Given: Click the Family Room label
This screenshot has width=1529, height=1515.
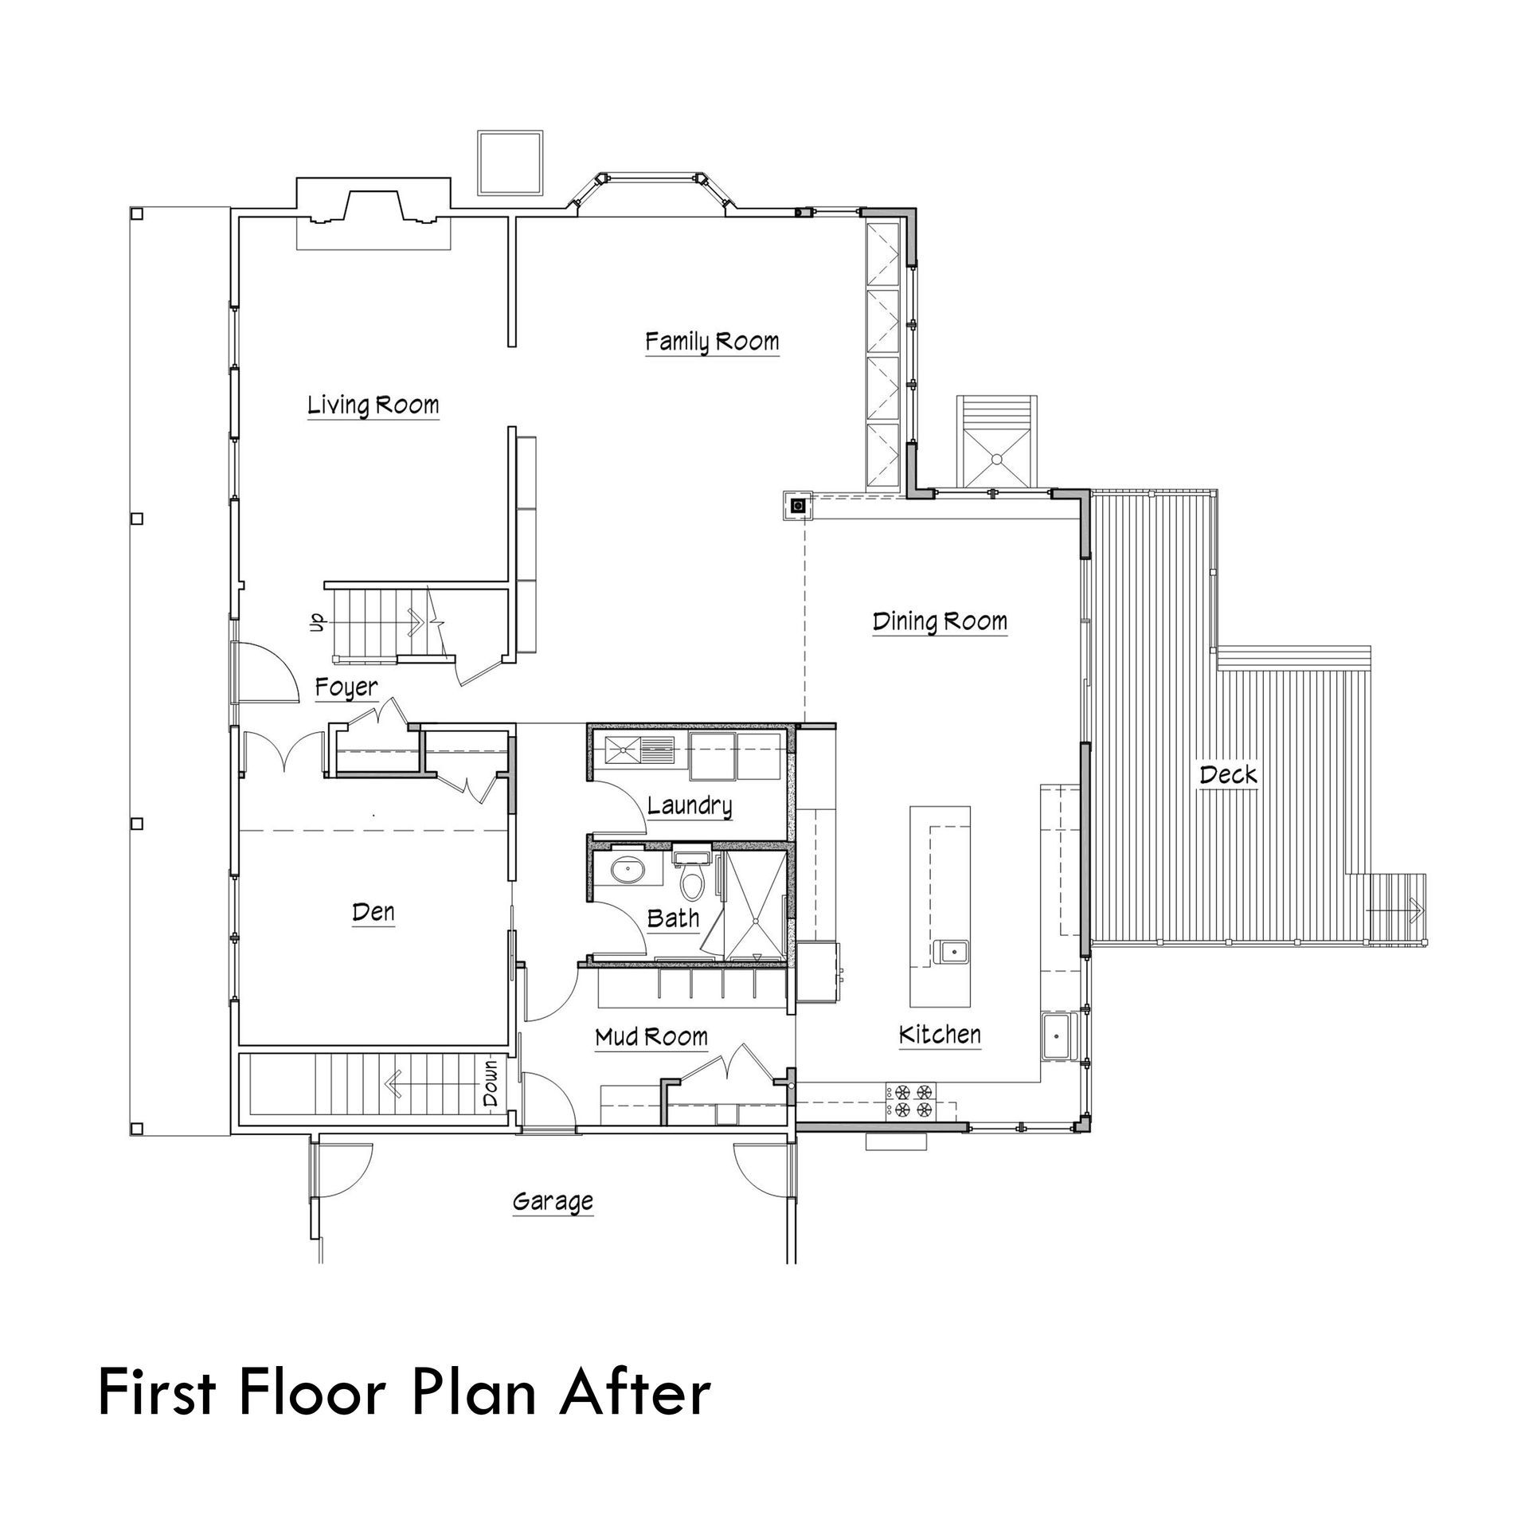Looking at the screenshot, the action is pos(711,342).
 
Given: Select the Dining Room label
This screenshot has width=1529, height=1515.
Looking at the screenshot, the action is pos(940,621).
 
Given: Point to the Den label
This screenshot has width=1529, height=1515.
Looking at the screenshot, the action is pos(373,912).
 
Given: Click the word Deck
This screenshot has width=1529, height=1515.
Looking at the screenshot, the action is pos(1228,774).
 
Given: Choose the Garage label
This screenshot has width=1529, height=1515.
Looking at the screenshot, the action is pos(553,1200).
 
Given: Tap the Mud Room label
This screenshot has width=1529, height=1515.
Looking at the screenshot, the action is pos(651,1036).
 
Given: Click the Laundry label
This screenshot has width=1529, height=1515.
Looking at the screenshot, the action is pos(689,805).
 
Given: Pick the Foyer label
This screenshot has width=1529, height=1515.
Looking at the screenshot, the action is pos(346,687).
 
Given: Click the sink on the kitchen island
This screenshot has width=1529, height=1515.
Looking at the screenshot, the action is pos(952,950).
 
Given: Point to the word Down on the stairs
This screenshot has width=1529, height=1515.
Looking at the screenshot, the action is pos(490,1082).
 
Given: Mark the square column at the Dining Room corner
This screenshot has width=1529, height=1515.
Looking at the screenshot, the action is pos(799,504).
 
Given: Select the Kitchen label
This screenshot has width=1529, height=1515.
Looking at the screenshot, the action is pos(940,1035).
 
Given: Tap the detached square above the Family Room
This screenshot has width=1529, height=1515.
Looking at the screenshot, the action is pos(510,162).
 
